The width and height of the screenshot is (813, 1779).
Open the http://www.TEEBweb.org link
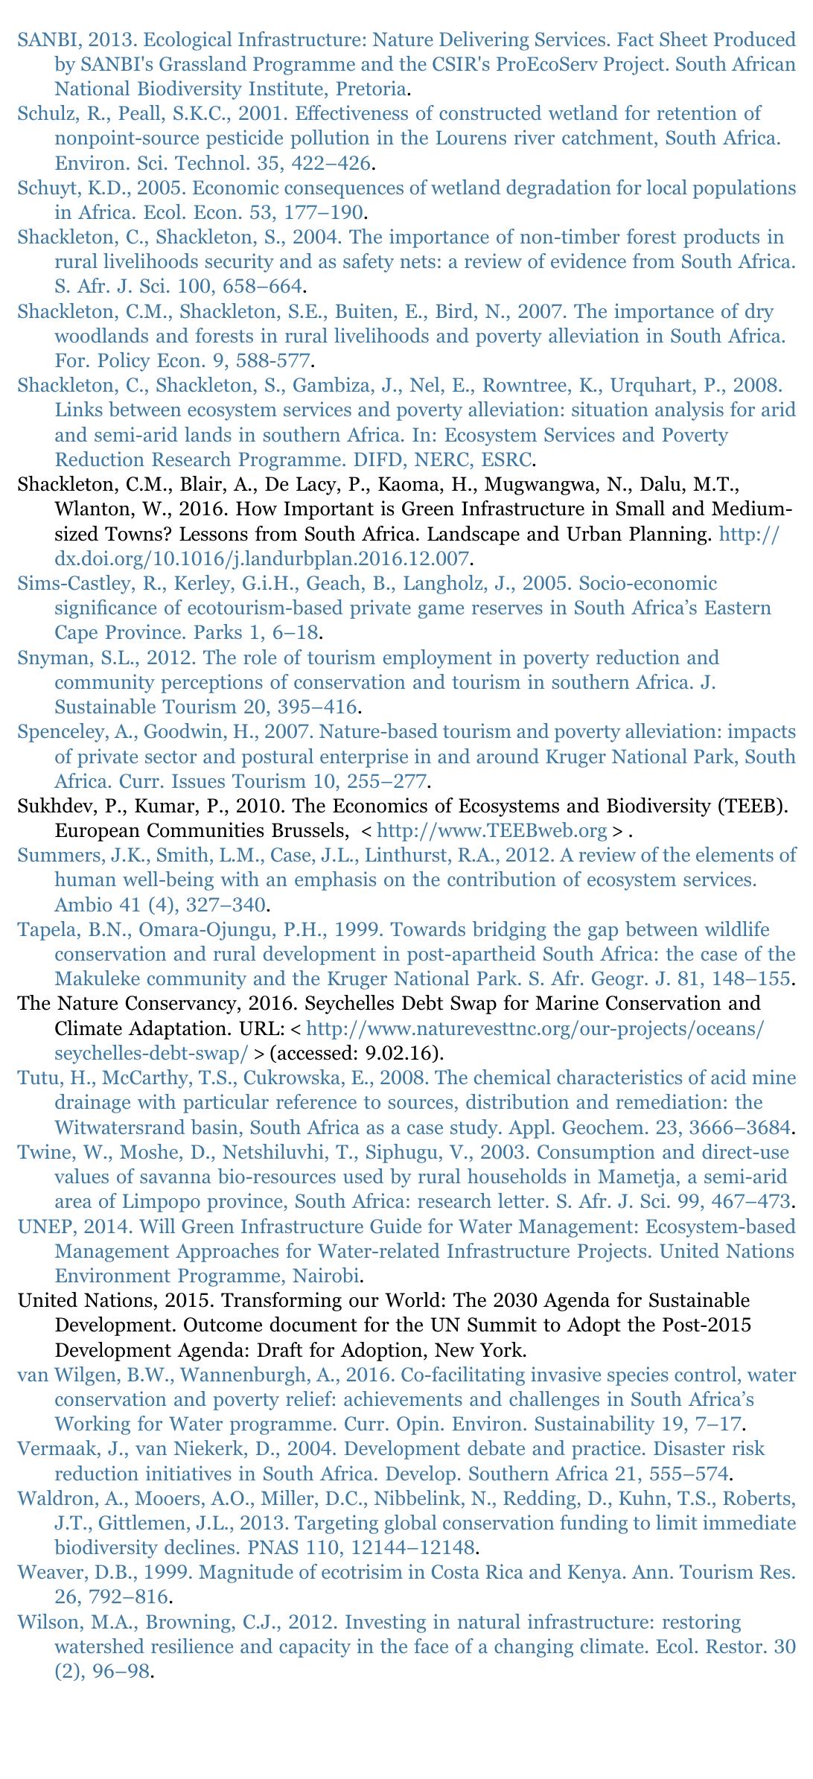[492, 831]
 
